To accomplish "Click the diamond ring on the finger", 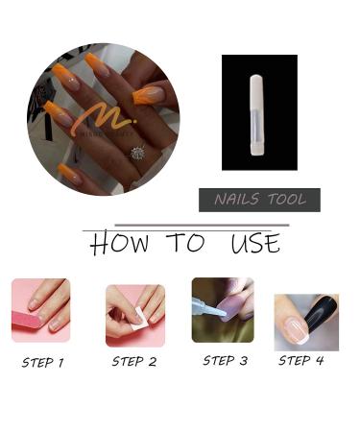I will pos(137,153).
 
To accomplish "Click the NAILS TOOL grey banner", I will pos(259,200).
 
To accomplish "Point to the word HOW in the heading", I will pos(119,244).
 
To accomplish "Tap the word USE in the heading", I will pos(254,244).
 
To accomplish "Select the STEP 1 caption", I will pos(43,363).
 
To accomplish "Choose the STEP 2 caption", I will pos(133,362).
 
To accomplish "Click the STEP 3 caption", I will pos(225,361).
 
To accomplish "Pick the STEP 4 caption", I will pos(300,361).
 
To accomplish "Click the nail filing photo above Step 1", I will pos(40,310).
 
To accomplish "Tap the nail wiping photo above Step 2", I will pos(134,314).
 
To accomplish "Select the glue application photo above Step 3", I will pos(223,309).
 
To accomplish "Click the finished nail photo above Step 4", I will pos(305,322).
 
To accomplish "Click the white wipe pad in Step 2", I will pos(139,321).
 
